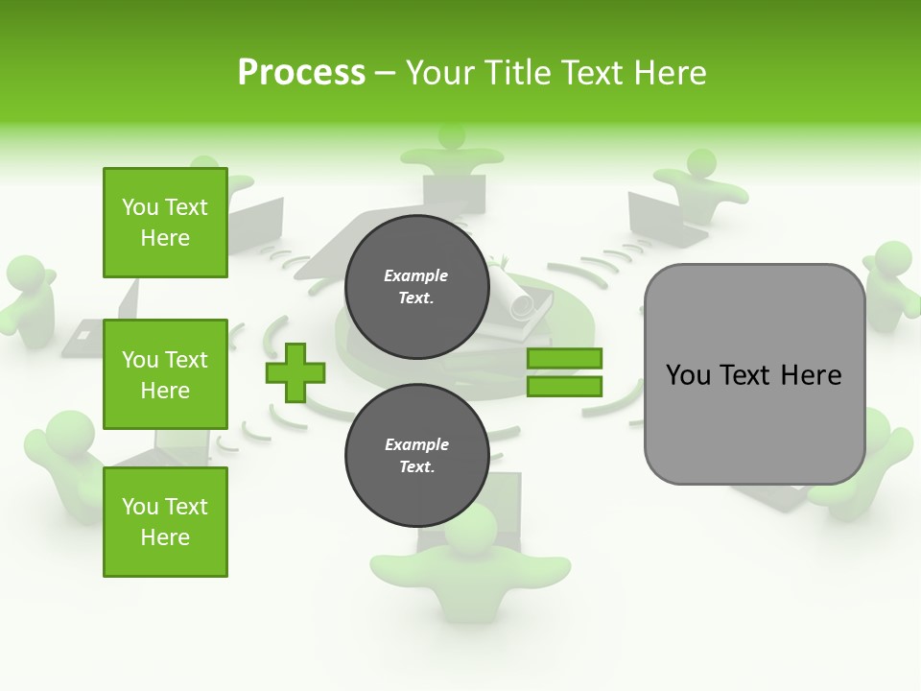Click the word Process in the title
click(301, 73)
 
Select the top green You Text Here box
click(165, 223)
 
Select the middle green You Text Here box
click(165, 374)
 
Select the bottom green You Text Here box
click(165, 521)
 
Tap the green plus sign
click(295, 372)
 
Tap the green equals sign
click(564, 372)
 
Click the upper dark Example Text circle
click(416, 286)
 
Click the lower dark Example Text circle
click(416, 455)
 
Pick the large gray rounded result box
click(754, 374)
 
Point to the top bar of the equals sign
click(564, 359)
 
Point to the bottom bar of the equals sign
click(564, 386)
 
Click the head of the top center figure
click(452, 136)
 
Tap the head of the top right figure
click(701, 162)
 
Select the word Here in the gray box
click(811, 374)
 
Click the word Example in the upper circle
click(416, 275)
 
